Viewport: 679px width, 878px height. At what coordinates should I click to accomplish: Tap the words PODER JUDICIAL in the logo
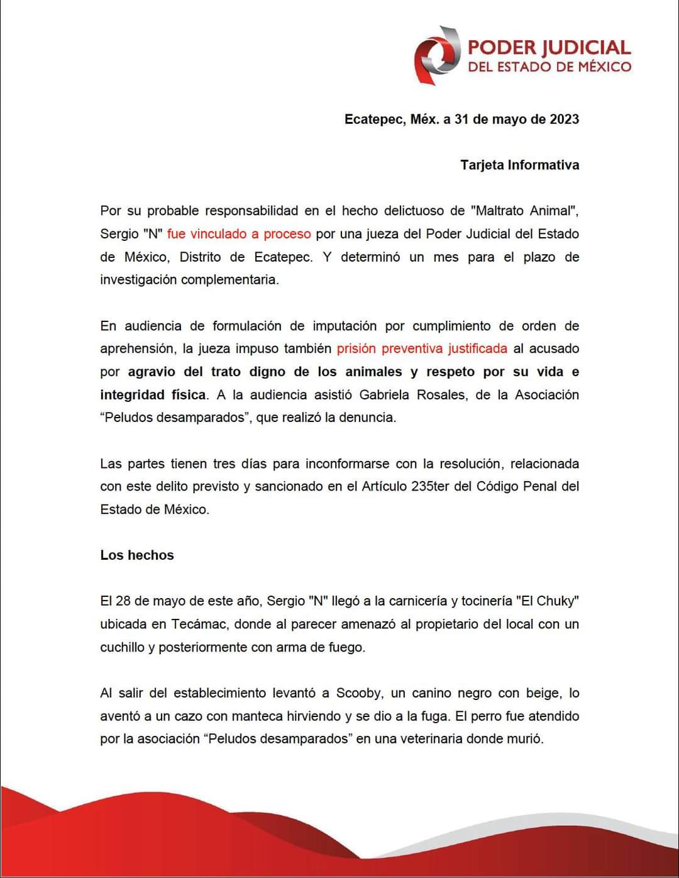tap(549, 48)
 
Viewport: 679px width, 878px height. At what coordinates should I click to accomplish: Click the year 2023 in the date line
tap(564, 119)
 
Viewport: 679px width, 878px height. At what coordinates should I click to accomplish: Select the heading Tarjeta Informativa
tap(519, 165)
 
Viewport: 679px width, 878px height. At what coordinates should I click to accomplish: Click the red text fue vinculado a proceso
tap(239, 234)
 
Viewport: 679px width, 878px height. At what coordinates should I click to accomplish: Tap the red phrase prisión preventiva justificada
tap(422, 348)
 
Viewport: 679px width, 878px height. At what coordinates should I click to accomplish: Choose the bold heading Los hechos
tap(137, 555)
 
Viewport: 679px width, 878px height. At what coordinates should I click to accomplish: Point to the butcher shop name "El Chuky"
tap(547, 601)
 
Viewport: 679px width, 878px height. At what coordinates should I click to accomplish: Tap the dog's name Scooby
tap(358, 693)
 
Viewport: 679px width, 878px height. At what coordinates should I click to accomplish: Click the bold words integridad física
tap(153, 395)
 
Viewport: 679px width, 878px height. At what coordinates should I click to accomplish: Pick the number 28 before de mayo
tap(123, 601)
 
